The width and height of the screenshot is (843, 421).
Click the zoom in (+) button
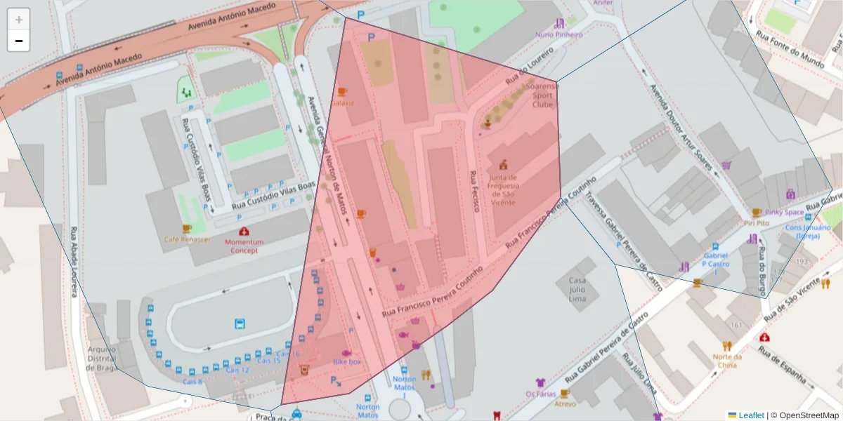(19, 20)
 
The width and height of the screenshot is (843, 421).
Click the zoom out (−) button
(19, 41)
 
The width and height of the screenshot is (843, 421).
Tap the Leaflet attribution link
(750, 415)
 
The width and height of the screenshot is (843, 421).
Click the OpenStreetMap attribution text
(804, 415)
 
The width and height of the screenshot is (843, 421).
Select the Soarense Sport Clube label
(543, 95)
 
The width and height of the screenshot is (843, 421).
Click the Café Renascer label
(187, 239)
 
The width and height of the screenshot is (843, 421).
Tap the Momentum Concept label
(244, 246)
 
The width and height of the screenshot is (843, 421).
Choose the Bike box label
(347, 361)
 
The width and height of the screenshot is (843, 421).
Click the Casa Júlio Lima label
(572, 290)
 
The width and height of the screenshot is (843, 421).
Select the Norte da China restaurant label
(726, 361)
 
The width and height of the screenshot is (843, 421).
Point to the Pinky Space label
(785, 212)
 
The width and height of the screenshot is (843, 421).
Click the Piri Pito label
(757, 223)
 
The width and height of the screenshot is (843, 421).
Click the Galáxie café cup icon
(342, 92)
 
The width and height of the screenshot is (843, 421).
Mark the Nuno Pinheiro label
(558, 34)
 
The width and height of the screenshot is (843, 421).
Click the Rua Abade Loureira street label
(74, 262)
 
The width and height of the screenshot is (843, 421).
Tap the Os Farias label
(540, 394)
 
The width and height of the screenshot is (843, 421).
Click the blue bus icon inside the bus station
(240, 323)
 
